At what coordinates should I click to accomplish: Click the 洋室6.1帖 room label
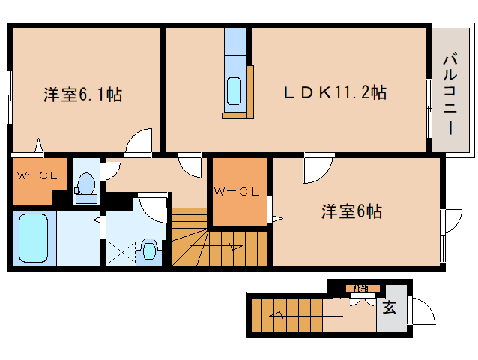pyautogui.click(x=83, y=94)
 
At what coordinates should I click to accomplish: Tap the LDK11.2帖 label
pyautogui.click(x=333, y=93)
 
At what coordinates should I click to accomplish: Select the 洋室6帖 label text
pyautogui.click(x=351, y=211)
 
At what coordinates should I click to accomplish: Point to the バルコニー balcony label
pyautogui.click(x=450, y=93)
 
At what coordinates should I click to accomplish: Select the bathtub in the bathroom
pyautogui.click(x=34, y=237)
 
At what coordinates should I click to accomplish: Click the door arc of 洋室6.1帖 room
pyautogui.click(x=140, y=142)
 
